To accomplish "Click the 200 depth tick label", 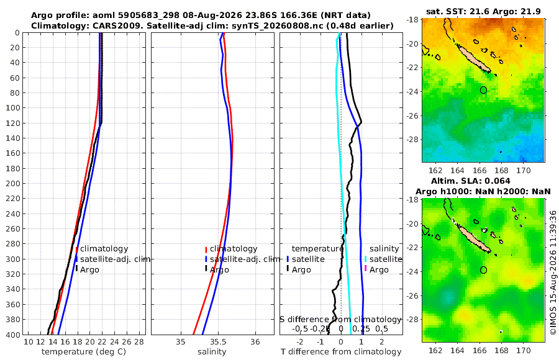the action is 12,183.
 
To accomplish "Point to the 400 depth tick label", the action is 12,335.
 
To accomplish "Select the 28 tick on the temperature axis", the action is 139,342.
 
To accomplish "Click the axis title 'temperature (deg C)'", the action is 84,352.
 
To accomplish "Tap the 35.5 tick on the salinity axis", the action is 218,342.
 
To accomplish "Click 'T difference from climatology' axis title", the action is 341,352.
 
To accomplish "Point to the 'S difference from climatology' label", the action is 340,319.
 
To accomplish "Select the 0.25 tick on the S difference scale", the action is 361,328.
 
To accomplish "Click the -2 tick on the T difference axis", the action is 300,342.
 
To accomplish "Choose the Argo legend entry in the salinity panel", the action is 217,270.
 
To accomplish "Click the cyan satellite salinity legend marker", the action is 365,259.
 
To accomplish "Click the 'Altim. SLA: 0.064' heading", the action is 471,181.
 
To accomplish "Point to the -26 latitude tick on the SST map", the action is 413,115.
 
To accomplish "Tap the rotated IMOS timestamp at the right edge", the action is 553,272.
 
